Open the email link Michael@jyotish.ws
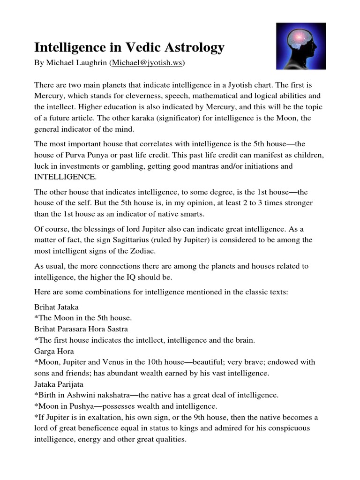(146, 62)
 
